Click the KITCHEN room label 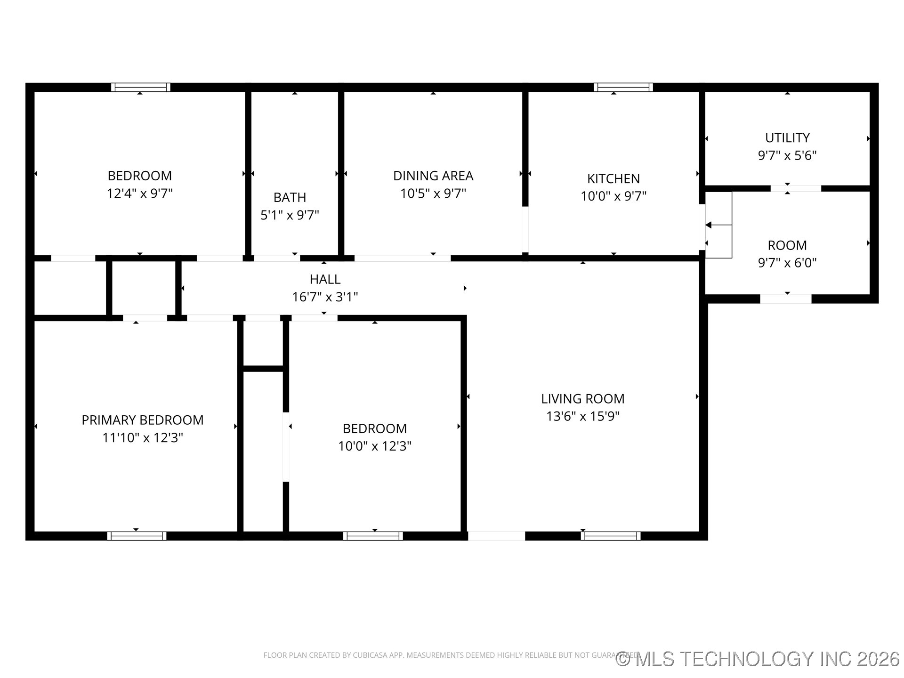coord(613,179)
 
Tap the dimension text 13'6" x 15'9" coord(582,416)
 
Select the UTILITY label coord(787,138)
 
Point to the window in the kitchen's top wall coord(623,88)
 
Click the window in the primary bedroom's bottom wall coord(137,536)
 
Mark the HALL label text coord(325,279)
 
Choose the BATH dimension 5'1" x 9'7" coord(290,215)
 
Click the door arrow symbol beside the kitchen coord(709,225)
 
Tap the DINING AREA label coord(433,176)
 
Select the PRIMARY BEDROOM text coord(142,420)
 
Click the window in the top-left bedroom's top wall coord(141,88)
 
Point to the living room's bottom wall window coord(610,536)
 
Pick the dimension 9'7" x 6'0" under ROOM coord(787,263)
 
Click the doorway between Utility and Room coord(795,188)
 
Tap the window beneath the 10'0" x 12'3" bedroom coord(373,536)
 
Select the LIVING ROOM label coord(582,399)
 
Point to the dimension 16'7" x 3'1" coord(325,297)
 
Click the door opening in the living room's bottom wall coord(496,536)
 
